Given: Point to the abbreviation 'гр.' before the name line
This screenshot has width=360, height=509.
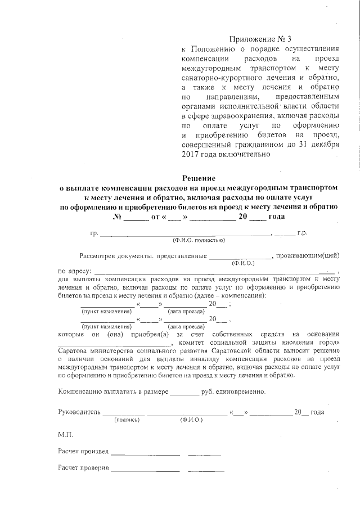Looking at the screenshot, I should (94, 232).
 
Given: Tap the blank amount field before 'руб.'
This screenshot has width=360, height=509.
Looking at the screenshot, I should (184, 391).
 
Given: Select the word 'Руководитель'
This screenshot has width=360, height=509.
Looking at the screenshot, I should (79, 412).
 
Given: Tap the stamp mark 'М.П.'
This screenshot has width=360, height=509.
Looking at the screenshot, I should (65, 435).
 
